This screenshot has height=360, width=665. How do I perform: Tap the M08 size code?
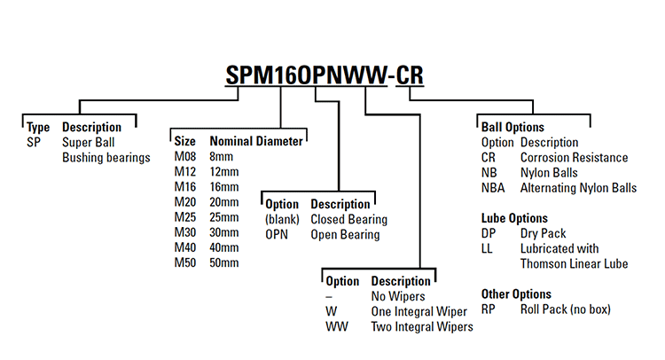pos(185,157)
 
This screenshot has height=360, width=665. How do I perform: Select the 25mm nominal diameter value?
pos(224,217)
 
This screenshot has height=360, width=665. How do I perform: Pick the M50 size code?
pos(185,262)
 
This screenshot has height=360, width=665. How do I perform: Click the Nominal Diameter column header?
pos(255,141)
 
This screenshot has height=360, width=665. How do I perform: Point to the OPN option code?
pos(278,235)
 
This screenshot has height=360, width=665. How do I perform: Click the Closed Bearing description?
pos(348,219)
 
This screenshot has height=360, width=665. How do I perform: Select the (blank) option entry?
pos(283,219)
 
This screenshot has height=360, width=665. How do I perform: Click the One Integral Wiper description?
pos(419,311)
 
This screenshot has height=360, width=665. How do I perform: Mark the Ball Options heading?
pos(512,127)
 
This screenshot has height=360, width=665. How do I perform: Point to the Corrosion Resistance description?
pos(574,158)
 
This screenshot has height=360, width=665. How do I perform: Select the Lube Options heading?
pos(514,218)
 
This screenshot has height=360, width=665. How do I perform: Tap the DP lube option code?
pos(489,233)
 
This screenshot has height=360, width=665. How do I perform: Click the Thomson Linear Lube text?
pos(574,264)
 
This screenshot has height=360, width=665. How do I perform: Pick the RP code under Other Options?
pos(489,309)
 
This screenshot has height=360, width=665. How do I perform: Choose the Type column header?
pos(38,127)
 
